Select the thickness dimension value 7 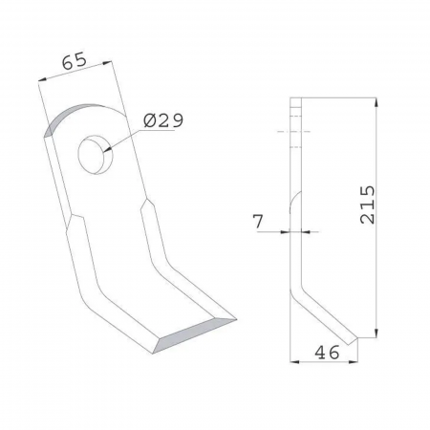(x=257, y=222)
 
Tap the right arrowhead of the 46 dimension (x=356, y=361)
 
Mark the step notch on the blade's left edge (x=72, y=219)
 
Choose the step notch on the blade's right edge (x=146, y=205)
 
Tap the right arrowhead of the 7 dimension (x=308, y=231)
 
